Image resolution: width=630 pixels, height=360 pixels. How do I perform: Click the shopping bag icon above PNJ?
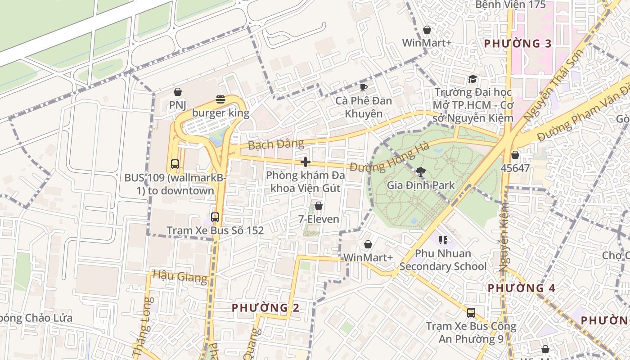pos(178,92)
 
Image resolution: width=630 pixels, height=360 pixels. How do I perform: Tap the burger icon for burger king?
pos(220,99)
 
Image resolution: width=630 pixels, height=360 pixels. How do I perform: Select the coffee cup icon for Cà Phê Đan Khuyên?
pos(364,87)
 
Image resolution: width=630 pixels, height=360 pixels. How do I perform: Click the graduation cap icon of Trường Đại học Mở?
pos(472,79)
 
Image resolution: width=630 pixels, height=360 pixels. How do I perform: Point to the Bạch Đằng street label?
pos(276,144)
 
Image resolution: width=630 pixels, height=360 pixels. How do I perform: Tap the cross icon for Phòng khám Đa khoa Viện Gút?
pos(306,162)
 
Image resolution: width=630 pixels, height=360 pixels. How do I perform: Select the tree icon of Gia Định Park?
pos(421,171)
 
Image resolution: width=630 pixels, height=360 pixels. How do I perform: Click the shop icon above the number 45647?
pos(515,155)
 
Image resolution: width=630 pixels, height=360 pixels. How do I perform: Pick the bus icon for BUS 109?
pos(175,164)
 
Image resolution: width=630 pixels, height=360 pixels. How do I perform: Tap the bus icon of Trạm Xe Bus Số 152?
pos(215,217)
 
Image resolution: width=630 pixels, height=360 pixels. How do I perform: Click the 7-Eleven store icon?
pos(319,206)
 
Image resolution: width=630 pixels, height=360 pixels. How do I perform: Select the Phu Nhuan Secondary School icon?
pos(443,240)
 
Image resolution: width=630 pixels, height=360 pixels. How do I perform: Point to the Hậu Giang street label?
pos(180,275)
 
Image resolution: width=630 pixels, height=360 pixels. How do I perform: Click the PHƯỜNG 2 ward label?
pos(265,308)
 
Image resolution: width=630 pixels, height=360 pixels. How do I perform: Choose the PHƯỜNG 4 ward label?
pos(522,288)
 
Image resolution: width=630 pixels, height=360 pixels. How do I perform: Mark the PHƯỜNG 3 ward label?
pos(517,44)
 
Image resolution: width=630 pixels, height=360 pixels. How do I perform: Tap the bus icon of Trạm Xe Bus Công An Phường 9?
pos(471,312)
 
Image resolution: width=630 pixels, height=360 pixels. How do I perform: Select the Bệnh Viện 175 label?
pos(510,5)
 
